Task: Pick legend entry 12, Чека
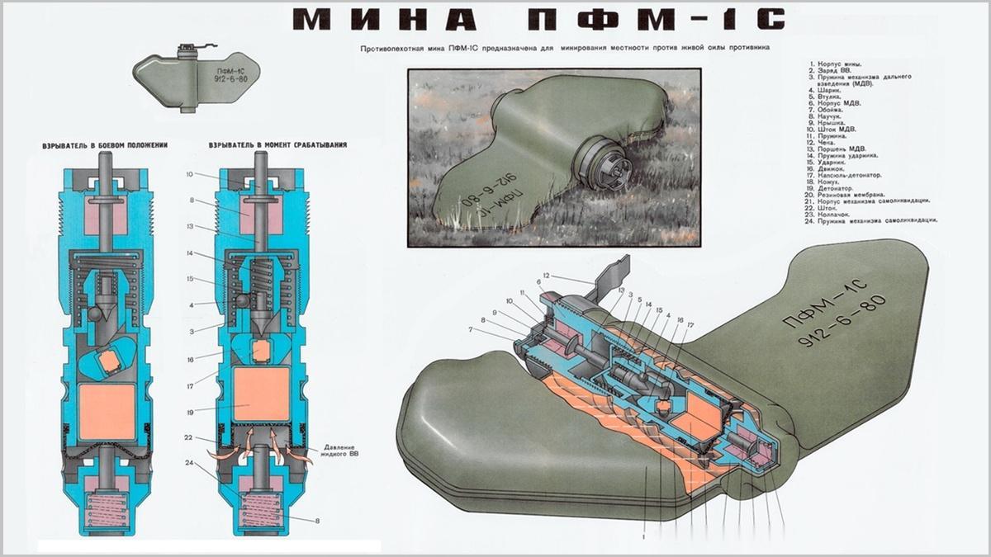pos(826,142)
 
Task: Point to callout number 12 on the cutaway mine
pos(546,274)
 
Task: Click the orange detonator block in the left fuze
pos(107,412)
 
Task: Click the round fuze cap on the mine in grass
pos(605,163)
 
